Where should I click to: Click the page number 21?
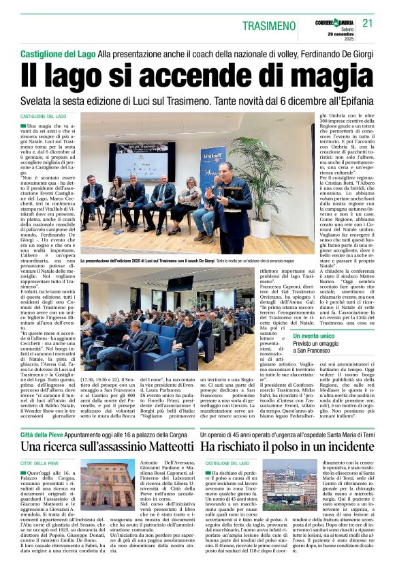click(x=368, y=23)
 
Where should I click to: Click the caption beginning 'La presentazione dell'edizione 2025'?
click(x=136, y=261)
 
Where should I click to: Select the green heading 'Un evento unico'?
click(x=314, y=336)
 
